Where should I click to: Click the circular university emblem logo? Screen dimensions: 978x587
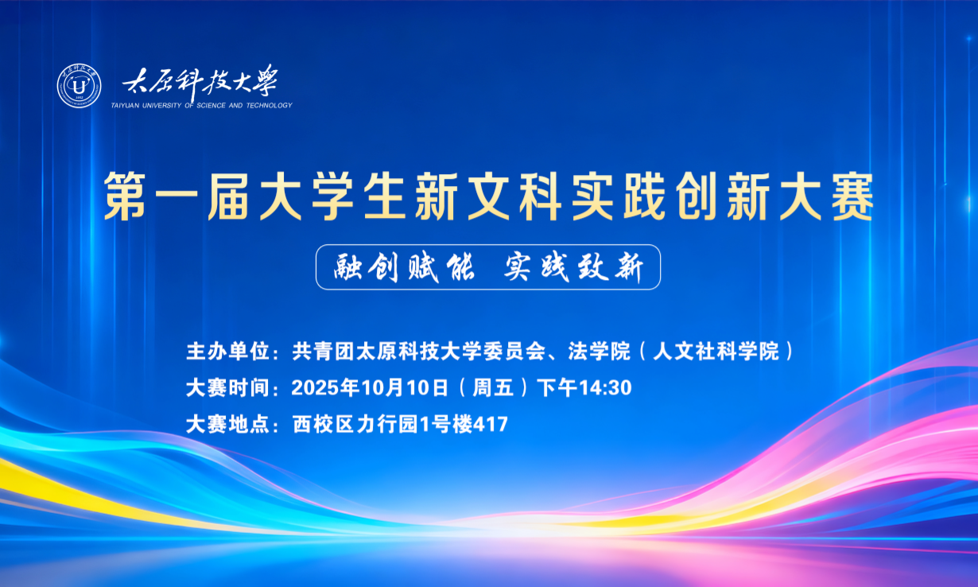79,86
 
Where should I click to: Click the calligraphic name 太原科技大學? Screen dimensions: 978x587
200,82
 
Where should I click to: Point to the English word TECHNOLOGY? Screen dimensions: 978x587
269,105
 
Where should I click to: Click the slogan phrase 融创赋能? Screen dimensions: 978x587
404,267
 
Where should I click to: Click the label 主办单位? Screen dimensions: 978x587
228,351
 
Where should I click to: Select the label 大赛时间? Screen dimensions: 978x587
228,387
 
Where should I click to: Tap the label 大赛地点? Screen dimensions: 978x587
228,424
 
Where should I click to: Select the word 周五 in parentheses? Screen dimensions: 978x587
493,387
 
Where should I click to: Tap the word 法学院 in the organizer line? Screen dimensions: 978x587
599,351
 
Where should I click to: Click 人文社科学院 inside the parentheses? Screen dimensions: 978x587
716,351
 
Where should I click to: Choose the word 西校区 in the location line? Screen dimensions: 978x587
324,424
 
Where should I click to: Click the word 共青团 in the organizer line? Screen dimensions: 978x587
324,351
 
